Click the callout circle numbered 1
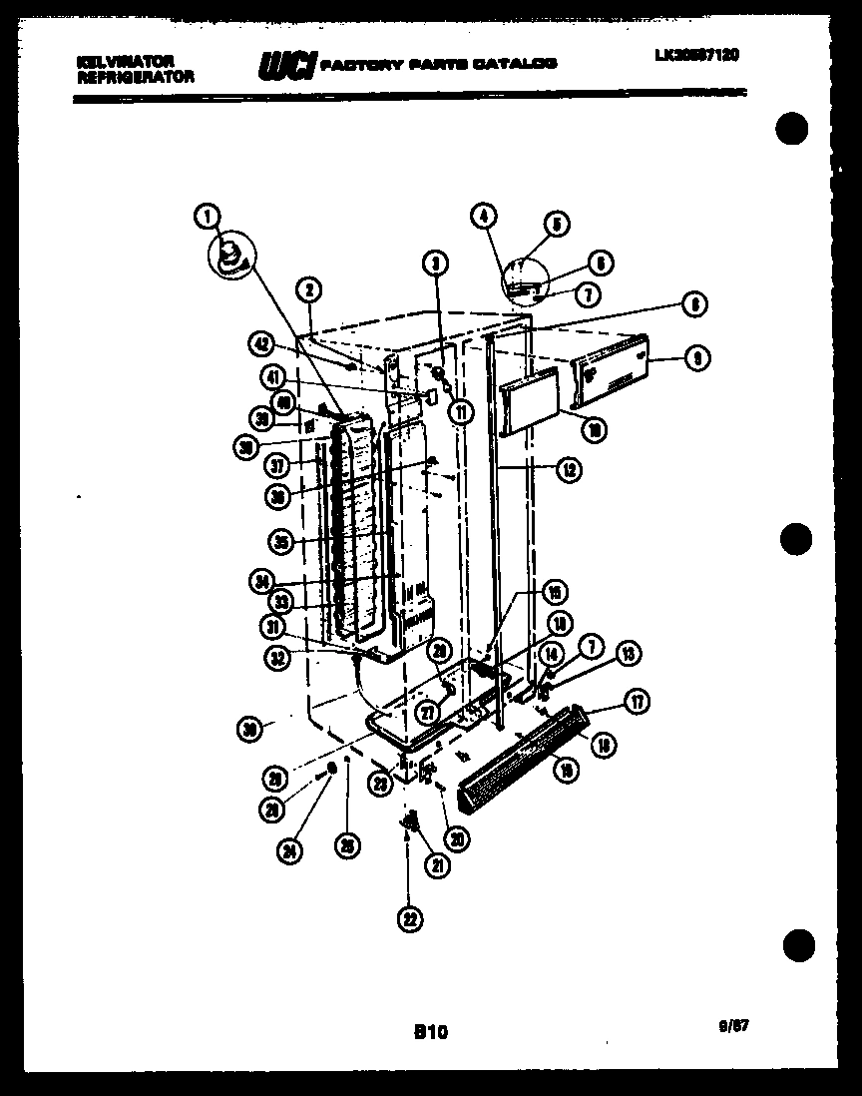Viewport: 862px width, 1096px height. [x=207, y=215]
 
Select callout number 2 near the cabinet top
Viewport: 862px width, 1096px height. [x=309, y=289]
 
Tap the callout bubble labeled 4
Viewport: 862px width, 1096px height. [x=482, y=215]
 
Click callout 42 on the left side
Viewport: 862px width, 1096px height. [x=261, y=343]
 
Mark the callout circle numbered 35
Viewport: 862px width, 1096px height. [x=282, y=543]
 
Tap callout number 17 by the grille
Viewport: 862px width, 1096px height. [x=636, y=704]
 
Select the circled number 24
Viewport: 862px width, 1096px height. [x=290, y=850]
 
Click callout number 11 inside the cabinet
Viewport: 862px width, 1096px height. [x=460, y=410]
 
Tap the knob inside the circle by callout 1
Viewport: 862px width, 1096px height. [x=229, y=254]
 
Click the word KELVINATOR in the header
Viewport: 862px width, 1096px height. [x=125, y=61]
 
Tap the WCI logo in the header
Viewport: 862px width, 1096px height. [x=287, y=65]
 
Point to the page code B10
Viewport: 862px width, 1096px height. [x=430, y=1033]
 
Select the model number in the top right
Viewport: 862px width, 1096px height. [x=696, y=56]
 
